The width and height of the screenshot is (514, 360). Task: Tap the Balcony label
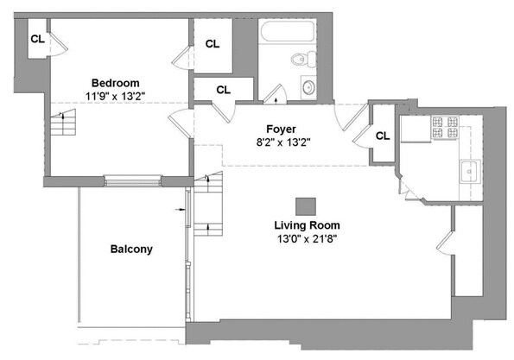pos(131,249)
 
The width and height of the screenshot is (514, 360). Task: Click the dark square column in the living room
pos(305,205)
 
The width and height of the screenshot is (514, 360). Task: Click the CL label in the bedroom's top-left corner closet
pos(38,39)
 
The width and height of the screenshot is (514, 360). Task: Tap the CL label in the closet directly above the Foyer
pos(223,89)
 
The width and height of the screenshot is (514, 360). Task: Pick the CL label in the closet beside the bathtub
pos(213,43)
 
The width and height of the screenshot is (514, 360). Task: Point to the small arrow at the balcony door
pos(182,209)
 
